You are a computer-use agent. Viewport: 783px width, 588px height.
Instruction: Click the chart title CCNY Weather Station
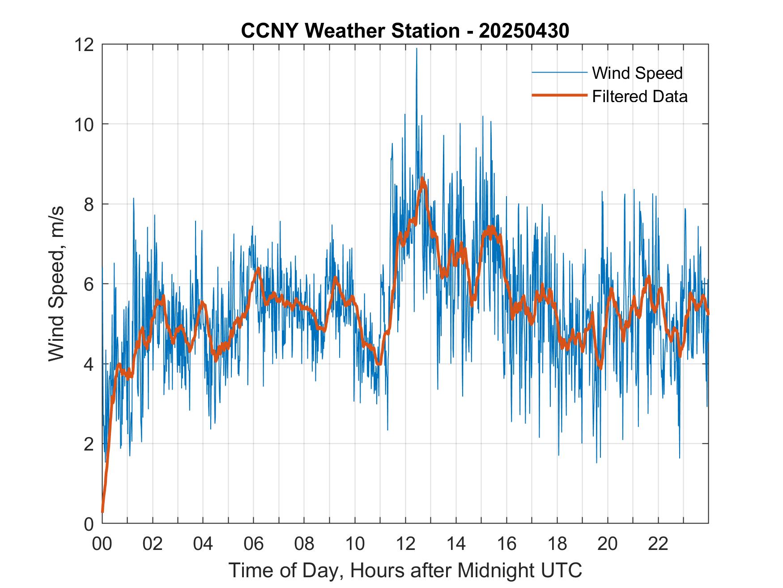click(405, 31)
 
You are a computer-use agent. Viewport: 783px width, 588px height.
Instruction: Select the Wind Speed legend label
click(637, 73)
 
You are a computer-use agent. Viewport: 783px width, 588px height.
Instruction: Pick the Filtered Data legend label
click(639, 96)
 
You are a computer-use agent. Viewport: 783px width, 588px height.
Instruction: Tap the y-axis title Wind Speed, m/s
click(57, 283)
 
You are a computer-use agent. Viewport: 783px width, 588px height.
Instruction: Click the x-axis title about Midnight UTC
click(405, 570)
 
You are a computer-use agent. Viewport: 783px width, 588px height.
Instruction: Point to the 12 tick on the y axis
click(85, 45)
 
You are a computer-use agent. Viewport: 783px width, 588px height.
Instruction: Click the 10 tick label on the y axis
click(85, 124)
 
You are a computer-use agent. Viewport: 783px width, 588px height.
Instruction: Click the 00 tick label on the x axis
click(102, 544)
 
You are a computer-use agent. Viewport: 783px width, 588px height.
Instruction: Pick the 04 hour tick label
click(203, 544)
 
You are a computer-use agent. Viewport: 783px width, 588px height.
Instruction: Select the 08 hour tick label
click(304, 544)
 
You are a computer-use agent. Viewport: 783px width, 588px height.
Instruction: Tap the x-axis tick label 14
click(456, 544)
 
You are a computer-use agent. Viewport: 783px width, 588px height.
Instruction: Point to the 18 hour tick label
click(557, 544)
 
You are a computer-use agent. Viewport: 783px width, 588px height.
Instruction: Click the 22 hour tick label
click(658, 544)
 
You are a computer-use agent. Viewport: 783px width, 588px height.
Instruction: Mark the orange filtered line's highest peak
click(422, 179)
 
